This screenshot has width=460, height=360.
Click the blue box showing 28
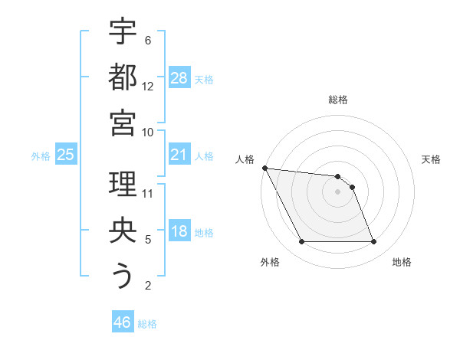pos(179,78)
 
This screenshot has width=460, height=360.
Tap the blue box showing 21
pos(179,155)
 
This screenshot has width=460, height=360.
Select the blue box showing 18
pos(179,232)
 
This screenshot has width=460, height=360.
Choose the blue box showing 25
pos(65,155)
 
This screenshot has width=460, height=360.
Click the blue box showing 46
pos(123,322)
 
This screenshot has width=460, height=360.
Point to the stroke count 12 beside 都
pos(148,86)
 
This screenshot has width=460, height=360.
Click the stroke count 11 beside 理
pos(148,193)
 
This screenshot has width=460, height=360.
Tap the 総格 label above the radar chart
pos(338,100)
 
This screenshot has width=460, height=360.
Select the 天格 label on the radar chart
pos(432,159)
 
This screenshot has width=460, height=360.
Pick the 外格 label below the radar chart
pos(269,262)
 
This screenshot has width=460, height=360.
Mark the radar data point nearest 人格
pos(264,168)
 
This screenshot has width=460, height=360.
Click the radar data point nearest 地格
pos(374,242)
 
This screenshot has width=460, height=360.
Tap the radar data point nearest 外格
pos(301,242)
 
